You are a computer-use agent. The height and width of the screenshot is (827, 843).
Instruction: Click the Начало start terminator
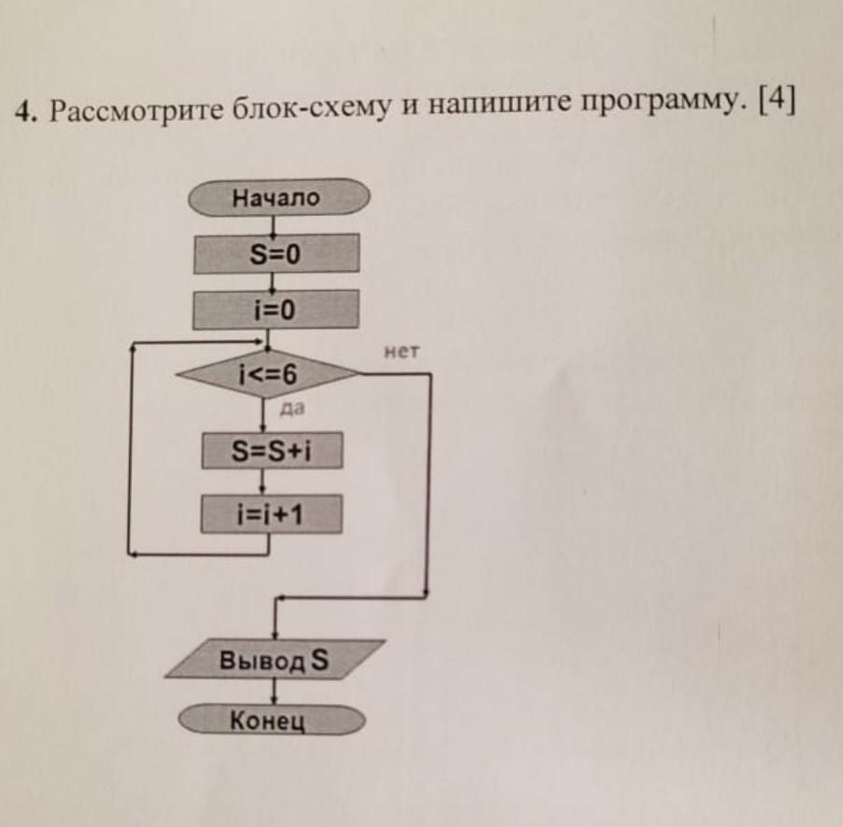(x=279, y=197)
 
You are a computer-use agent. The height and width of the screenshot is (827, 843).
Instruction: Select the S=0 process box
(x=276, y=253)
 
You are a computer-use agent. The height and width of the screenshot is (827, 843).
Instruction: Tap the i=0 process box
(x=275, y=309)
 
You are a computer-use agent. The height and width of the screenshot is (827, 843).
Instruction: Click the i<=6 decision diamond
(x=268, y=373)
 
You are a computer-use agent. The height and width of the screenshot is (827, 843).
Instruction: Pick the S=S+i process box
(x=272, y=450)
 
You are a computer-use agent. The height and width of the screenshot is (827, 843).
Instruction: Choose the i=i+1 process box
(x=272, y=514)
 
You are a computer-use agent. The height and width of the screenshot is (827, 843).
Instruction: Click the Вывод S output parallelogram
(x=274, y=659)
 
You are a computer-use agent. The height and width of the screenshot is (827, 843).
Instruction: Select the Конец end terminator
(x=272, y=720)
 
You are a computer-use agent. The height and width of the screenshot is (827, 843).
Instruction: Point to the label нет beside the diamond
(x=401, y=352)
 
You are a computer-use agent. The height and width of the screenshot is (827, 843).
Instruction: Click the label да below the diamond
(x=292, y=409)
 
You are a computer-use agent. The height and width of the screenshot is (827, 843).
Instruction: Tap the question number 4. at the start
(x=24, y=112)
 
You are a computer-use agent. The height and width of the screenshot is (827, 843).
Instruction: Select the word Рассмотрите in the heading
(x=136, y=111)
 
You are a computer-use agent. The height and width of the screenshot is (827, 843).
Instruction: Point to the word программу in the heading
(x=658, y=102)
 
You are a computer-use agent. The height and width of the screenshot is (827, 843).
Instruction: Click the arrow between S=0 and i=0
(x=274, y=282)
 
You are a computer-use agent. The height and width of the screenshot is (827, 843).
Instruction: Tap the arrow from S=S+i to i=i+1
(x=263, y=482)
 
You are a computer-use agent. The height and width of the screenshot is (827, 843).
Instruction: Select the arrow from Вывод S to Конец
(x=274, y=692)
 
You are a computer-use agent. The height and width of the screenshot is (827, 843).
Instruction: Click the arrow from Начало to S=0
(x=274, y=225)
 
